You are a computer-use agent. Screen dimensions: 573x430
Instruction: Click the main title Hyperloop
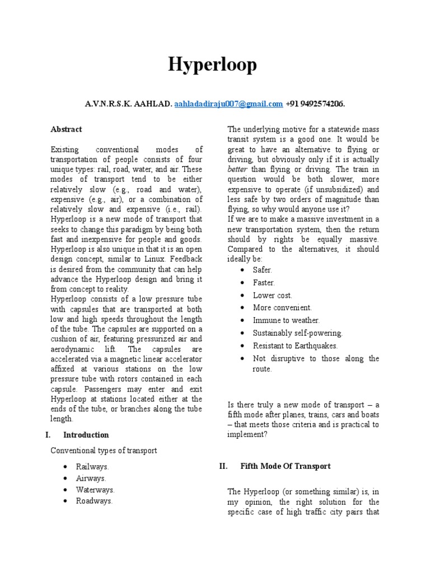pyautogui.click(x=213, y=65)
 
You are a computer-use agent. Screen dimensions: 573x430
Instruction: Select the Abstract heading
pyautogui.click(x=66, y=129)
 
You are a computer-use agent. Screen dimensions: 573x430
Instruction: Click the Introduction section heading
pyautogui.click(x=86, y=435)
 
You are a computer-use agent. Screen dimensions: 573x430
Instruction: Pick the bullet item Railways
pyautogui.click(x=92, y=466)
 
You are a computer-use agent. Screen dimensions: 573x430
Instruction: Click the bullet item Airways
pyautogui.click(x=91, y=478)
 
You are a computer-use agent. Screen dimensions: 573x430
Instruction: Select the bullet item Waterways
pyautogui.click(x=95, y=490)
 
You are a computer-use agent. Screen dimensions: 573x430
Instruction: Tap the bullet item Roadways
pyautogui.click(x=94, y=501)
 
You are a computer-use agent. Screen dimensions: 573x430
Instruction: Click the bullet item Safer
pyautogui.click(x=263, y=270)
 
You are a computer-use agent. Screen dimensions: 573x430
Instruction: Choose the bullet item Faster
pyautogui.click(x=264, y=283)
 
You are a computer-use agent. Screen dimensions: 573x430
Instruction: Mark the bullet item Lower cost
pyautogui.click(x=273, y=295)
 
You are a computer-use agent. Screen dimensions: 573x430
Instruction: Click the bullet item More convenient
pyautogui.click(x=282, y=308)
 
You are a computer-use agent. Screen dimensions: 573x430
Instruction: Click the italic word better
pyautogui.click(x=237, y=170)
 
